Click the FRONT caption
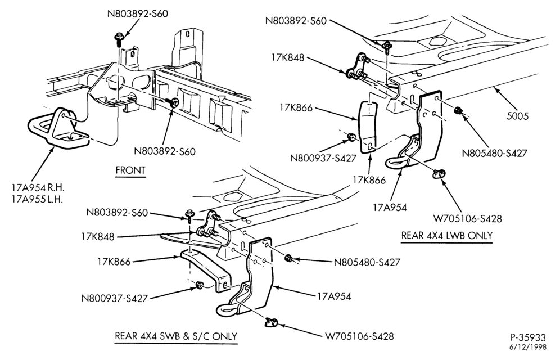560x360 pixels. pyautogui.click(x=130, y=170)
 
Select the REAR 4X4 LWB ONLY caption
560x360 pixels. pyautogui.click(x=447, y=236)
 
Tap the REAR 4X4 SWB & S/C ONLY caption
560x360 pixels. pyautogui.click(x=176, y=336)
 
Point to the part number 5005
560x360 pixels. pyautogui.click(x=517, y=116)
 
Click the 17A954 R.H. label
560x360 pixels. pyautogui.click(x=38, y=187)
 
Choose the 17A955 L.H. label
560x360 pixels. pyautogui.click(x=37, y=199)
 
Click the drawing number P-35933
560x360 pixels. pyautogui.click(x=528, y=337)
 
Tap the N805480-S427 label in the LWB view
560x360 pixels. pyautogui.click(x=494, y=153)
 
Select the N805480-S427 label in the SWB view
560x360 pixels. pyautogui.click(x=367, y=263)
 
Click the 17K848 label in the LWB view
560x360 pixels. pyautogui.click(x=287, y=57)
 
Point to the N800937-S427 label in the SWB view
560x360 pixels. pyautogui.click(x=114, y=298)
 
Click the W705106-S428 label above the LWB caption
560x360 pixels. pyautogui.click(x=467, y=218)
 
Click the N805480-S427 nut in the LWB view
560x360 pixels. pyautogui.click(x=458, y=110)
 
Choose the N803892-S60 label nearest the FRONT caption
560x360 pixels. pyautogui.click(x=165, y=151)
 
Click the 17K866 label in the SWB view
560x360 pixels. pyautogui.click(x=114, y=262)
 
